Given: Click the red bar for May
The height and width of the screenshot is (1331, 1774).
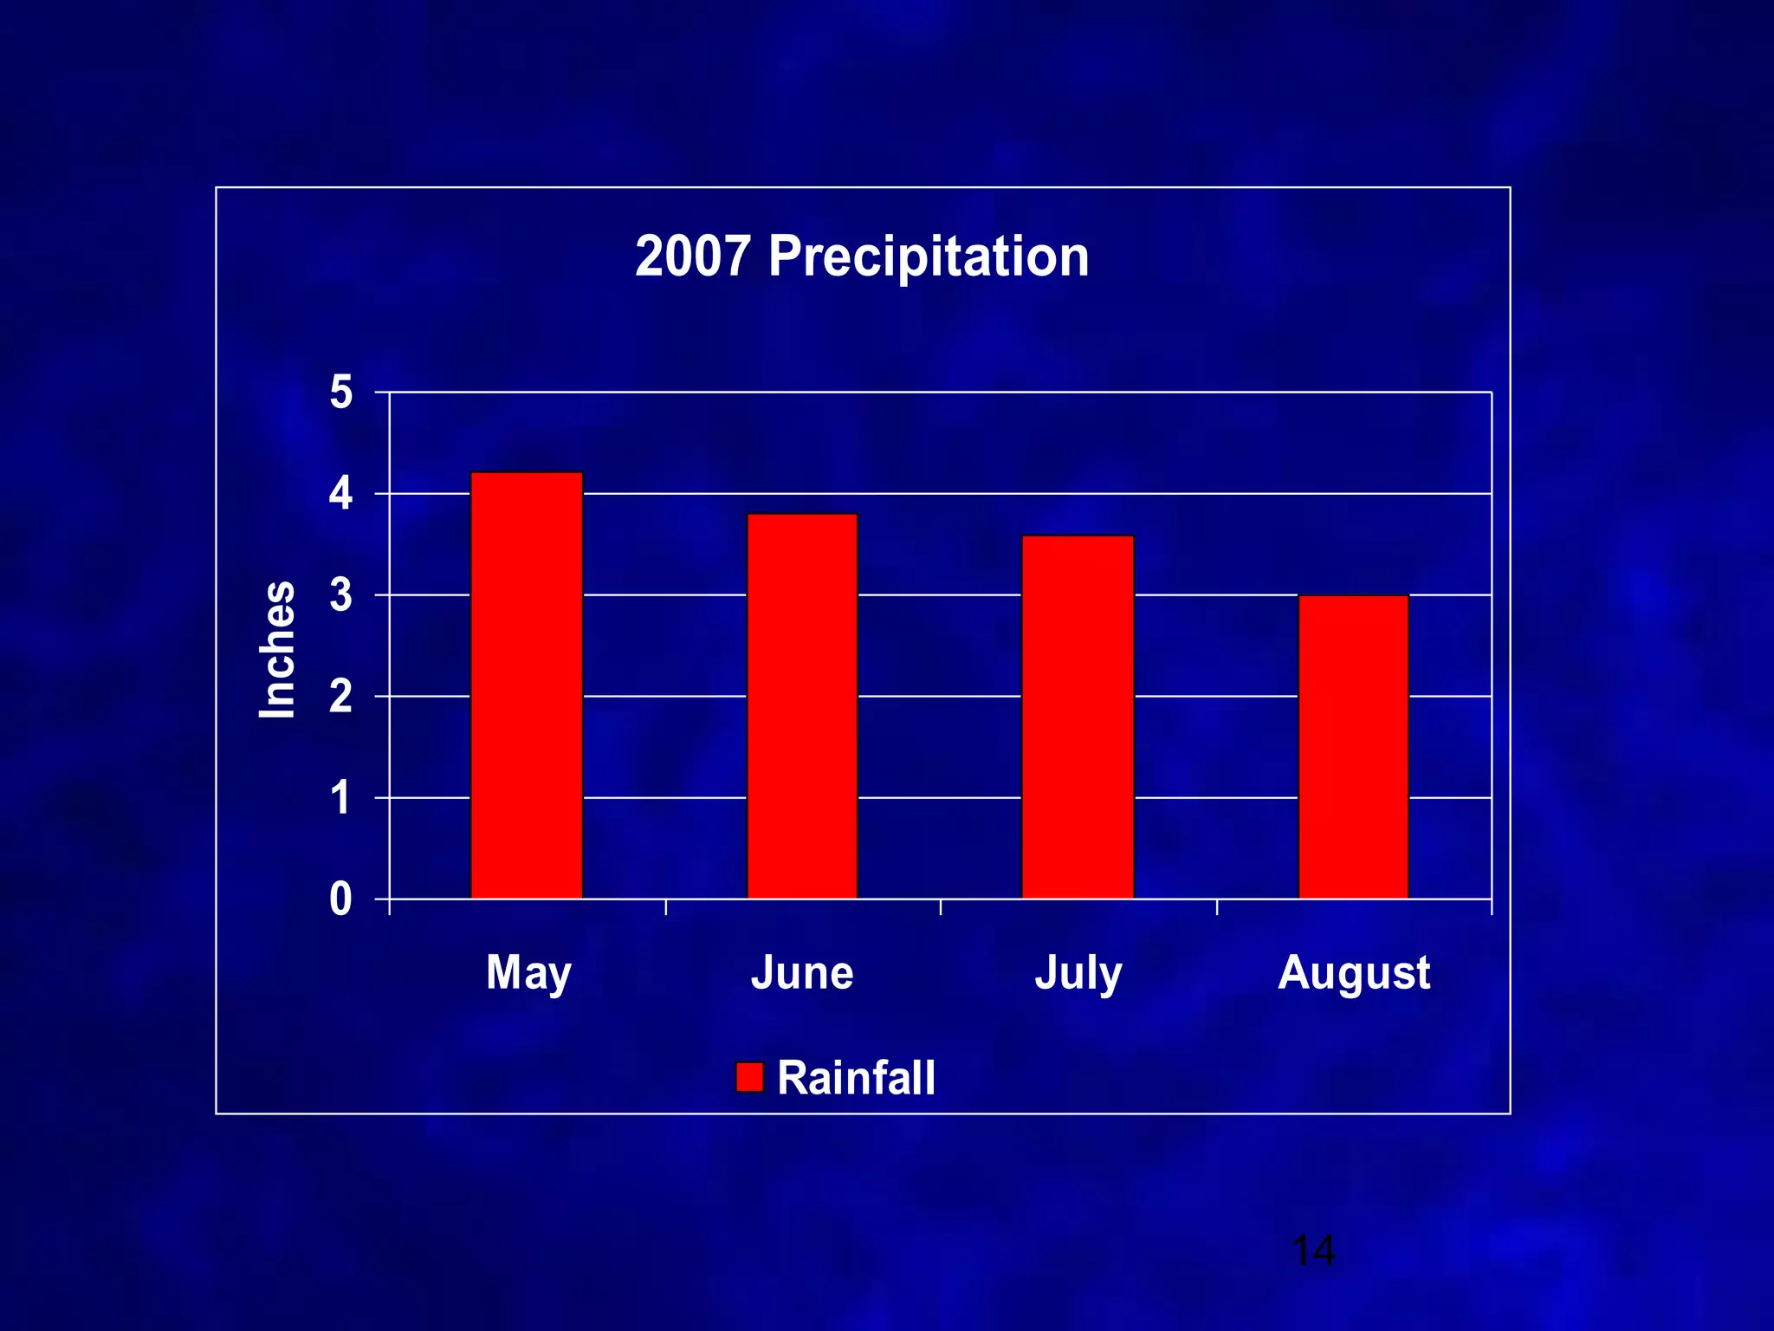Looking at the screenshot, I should pos(527,685).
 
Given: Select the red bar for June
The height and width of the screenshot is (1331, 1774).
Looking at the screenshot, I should pos(802,706).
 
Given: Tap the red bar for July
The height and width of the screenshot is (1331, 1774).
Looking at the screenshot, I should pos(1078,717).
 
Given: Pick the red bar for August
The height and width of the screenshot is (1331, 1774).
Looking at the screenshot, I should pos(1353,747).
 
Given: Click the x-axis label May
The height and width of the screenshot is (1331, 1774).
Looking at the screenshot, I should pos(528,973).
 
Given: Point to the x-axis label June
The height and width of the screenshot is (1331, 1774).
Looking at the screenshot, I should pos(802,973).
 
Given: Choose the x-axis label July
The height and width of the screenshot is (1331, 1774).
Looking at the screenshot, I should pos(1078,973).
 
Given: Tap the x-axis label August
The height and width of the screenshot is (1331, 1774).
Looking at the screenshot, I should pos(1354,973).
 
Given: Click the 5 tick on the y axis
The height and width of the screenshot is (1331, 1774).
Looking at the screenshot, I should pos(341,393).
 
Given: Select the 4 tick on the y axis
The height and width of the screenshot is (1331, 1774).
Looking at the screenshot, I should pos(341,494).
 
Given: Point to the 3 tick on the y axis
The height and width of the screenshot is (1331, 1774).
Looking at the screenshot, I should pos(341,595).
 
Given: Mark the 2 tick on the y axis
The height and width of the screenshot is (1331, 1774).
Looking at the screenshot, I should pos(341,697).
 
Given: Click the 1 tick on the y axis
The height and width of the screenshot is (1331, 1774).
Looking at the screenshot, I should pos(341,798).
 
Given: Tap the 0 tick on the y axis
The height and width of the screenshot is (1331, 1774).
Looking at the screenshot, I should pos(341,899).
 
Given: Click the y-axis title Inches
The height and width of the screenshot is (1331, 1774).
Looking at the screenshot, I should pos(277,650).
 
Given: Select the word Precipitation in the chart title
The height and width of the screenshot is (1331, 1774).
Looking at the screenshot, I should pos(929,257).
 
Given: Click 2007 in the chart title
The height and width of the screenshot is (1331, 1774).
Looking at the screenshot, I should pos(692,257).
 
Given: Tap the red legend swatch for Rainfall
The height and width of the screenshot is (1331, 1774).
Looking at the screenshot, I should pos(749,1077).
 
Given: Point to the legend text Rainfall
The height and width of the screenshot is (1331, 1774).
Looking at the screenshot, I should pos(856,1078).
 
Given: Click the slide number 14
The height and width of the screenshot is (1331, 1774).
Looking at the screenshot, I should pos(1313,1251).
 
